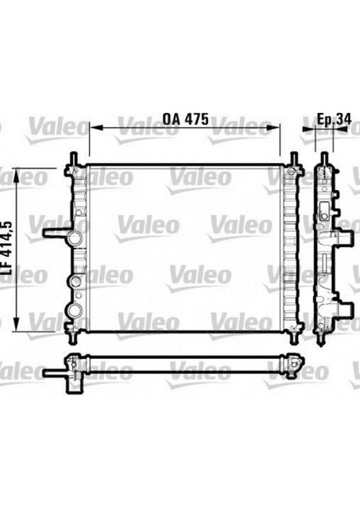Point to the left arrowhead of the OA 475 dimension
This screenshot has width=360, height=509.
pyautogui.click(x=94, y=129)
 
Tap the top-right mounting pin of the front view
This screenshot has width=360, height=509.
pyautogui.click(x=293, y=159)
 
